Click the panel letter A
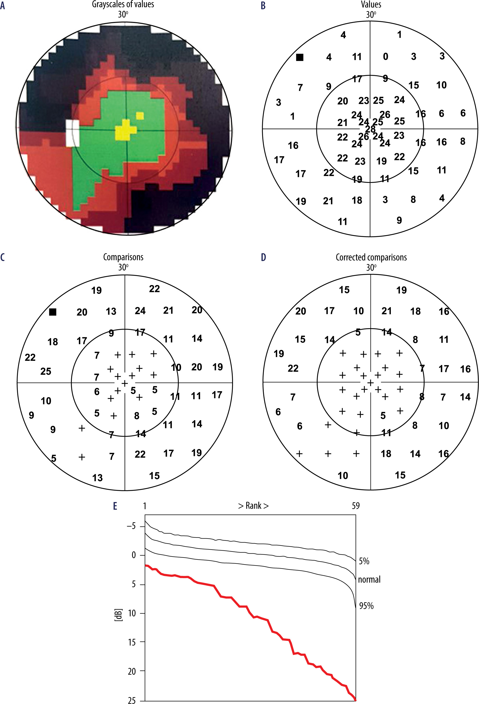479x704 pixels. click(x=3, y=5)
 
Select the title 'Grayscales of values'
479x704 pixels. click(x=123, y=4)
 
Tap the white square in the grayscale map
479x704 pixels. click(x=73, y=133)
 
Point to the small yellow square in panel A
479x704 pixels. click(x=140, y=115)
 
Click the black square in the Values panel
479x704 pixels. click(x=299, y=57)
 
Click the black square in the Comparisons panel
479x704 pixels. click(x=53, y=312)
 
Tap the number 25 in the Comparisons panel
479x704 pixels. click(x=46, y=371)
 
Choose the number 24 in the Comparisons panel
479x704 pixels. click(x=140, y=311)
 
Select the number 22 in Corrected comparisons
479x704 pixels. click(x=293, y=368)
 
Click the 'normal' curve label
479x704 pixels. click(x=369, y=579)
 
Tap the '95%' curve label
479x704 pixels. click(x=366, y=606)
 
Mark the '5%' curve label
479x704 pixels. click(x=364, y=561)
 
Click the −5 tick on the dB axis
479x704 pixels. click(x=131, y=526)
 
